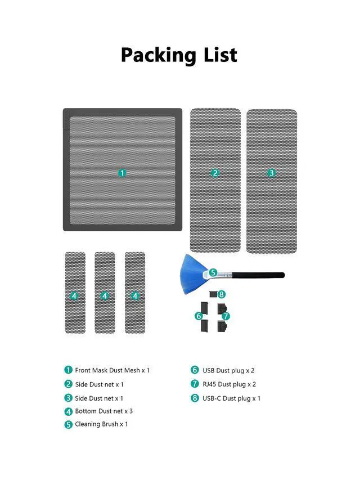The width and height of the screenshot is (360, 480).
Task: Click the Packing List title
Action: [179, 55]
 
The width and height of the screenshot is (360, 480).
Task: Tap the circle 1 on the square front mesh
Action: [122, 173]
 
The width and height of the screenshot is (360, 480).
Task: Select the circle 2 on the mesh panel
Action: [215, 173]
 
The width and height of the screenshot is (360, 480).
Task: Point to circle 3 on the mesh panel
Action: [271, 173]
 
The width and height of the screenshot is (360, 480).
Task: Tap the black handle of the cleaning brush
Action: [259, 275]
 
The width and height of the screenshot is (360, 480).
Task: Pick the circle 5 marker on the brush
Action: [213, 272]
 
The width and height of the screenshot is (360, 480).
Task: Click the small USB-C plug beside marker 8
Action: [213, 294]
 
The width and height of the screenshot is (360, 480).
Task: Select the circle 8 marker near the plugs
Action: [221, 294]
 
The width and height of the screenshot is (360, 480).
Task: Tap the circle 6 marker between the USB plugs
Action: [199, 316]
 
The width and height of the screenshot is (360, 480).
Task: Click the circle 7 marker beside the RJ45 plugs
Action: [226, 316]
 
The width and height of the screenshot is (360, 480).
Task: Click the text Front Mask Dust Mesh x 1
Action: [112, 370]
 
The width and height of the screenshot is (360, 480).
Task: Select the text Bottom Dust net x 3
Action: [103, 411]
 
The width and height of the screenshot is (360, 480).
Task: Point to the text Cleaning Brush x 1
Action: [101, 424]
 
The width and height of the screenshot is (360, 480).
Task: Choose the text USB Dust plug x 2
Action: [228, 371]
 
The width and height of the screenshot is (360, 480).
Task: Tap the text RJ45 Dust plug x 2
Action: [229, 384]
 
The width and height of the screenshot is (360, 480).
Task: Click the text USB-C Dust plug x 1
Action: [231, 398]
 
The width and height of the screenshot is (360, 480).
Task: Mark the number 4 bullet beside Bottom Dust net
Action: [68, 411]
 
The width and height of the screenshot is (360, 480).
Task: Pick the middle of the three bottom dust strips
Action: [105, 293]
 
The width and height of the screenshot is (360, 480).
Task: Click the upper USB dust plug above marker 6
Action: [205, 308]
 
